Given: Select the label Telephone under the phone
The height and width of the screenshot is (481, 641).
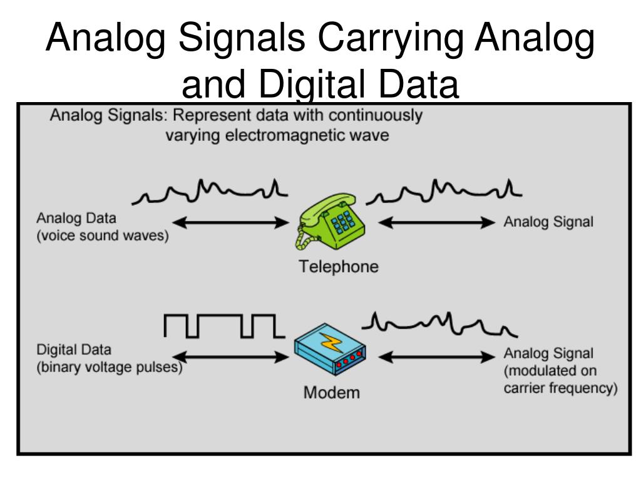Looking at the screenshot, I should (338, 267).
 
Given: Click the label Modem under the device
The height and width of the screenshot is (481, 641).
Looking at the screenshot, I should (332, 393).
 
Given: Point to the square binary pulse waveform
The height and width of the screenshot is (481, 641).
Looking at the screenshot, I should (219, 325).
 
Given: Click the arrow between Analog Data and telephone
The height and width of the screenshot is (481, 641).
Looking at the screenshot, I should (229, 222).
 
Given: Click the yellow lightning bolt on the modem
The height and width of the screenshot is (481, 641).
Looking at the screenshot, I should (329, 343).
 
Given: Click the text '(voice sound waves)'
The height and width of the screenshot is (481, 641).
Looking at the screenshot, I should (102, 239).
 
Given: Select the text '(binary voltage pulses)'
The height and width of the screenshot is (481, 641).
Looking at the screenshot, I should (109, 367).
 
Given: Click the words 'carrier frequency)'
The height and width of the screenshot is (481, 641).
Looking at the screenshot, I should (560, 388).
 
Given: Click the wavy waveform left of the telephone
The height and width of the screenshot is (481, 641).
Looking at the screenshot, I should (210, 191).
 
